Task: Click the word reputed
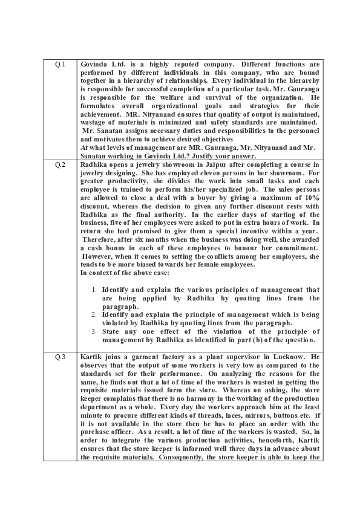[171, 65]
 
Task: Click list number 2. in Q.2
[95, 314]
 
